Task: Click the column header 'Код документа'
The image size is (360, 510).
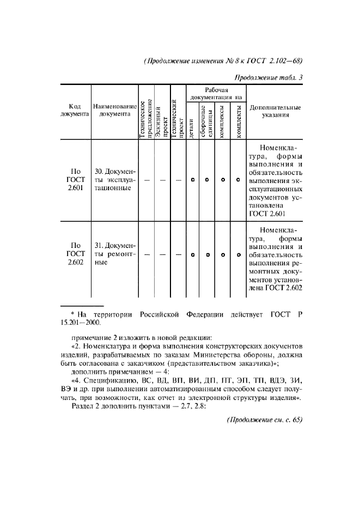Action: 74,111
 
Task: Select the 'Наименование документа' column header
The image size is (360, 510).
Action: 114,111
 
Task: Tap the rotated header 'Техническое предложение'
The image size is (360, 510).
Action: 146,119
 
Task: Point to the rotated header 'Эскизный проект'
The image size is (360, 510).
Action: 162,122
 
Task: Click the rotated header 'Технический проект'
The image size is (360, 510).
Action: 178,119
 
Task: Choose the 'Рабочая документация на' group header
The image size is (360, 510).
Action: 216,93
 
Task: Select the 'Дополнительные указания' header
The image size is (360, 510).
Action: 274,111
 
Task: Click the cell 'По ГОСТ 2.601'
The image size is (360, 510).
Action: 74,180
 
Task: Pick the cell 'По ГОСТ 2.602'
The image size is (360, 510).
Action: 74,254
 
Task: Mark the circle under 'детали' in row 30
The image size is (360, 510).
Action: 193,181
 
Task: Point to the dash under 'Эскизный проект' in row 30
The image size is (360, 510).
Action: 162,181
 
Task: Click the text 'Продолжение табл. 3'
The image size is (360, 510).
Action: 269,77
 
